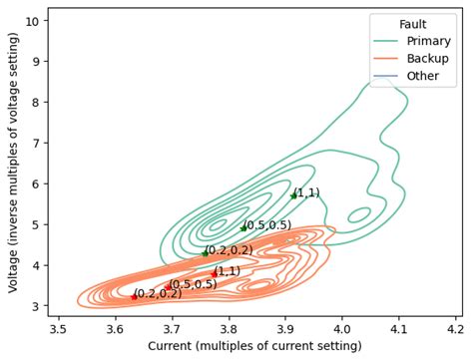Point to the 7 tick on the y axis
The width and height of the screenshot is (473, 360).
pyautogui.click(x=36, y=143)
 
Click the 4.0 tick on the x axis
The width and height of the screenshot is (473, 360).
pyautogui.click(x=342, y=327)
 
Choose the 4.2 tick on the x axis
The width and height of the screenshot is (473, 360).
pyautogui.click(x=456, y=327)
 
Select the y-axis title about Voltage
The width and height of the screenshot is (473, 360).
pyautogui.click(x=13, y=162)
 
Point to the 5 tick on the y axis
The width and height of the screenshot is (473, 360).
pyautogui.click(x=36, y=224)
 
